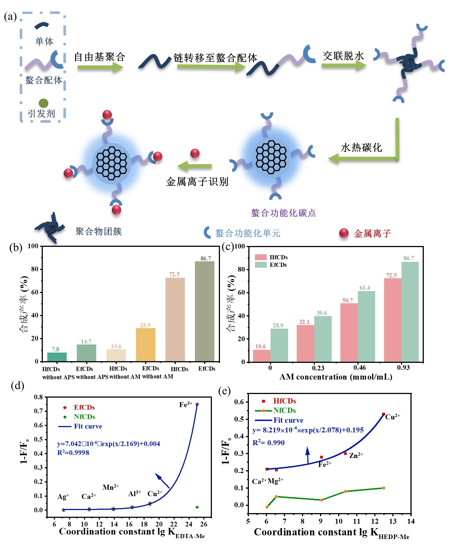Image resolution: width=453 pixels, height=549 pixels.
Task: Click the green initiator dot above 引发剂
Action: point(43,103)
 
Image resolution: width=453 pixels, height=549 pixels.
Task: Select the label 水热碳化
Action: point(361,147)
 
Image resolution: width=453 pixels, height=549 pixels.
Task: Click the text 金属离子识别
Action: point(197,182)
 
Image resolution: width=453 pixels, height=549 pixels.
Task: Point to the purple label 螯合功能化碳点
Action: point(283,213)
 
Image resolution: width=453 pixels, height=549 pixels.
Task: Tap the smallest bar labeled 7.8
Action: point(57,357)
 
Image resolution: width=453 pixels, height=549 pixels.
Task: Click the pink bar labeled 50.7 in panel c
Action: point(349,332)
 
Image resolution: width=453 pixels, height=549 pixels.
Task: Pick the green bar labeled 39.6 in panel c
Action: point(323,339)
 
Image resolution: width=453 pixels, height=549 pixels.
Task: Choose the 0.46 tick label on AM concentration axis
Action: point(359,368)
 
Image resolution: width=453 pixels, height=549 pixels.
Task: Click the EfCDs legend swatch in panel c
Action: point(261,265)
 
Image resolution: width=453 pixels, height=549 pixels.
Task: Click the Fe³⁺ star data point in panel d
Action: point(197,404)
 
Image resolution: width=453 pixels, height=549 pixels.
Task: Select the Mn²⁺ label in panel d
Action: point(111,487)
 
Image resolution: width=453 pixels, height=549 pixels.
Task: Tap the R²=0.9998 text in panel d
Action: point(73,453)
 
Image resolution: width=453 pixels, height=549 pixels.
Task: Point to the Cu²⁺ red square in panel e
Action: point(383,414)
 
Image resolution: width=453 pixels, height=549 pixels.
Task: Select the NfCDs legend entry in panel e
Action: point(284,410)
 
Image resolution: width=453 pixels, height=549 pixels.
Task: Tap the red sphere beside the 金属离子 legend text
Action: point(344,233)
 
